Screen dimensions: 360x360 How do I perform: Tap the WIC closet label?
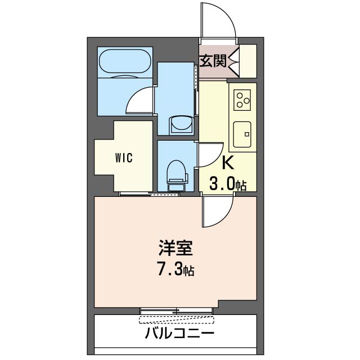tap(124, 157)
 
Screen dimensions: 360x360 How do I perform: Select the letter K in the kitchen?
tap(228, 163)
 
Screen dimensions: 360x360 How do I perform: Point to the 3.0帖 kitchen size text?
tap(228, 183)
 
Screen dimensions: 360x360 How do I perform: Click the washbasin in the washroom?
tap(180, 123)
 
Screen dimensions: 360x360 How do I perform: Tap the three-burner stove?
tap(243, 100)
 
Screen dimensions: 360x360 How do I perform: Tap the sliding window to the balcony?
tap(177, 310)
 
